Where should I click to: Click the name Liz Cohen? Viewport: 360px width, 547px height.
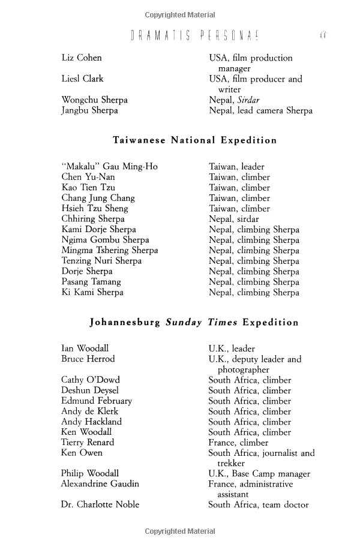coord(82,58)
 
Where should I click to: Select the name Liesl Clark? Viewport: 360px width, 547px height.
coord(82,79)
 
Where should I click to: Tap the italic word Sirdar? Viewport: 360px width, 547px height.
coord(249,100)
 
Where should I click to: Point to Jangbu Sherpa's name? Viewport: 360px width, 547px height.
coord(89,110)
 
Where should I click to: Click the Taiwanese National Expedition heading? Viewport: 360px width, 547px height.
coord(195,140)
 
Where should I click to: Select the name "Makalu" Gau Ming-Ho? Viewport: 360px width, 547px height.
coord(109,166)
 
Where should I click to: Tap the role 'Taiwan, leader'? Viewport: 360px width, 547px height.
coord(236,166)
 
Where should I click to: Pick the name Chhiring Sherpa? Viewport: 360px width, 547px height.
coord(93,219)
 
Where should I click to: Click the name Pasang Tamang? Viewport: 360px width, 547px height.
coord(91,281)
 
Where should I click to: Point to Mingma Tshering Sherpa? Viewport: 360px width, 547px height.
coord(110,250)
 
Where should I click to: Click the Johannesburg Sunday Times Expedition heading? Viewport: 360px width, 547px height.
coord(194,322)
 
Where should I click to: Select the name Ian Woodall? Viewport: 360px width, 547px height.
coord(85,348)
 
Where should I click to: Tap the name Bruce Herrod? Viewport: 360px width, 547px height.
coord(88,359)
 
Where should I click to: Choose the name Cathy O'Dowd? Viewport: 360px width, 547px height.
coord(91,380)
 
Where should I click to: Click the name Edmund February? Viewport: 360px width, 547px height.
coord(97,401)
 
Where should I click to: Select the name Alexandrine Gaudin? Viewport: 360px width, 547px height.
coord(100,483)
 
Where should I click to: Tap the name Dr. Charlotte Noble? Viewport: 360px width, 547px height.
coord(100,504)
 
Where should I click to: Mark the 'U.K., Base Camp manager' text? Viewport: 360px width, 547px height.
coord(259,473)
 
